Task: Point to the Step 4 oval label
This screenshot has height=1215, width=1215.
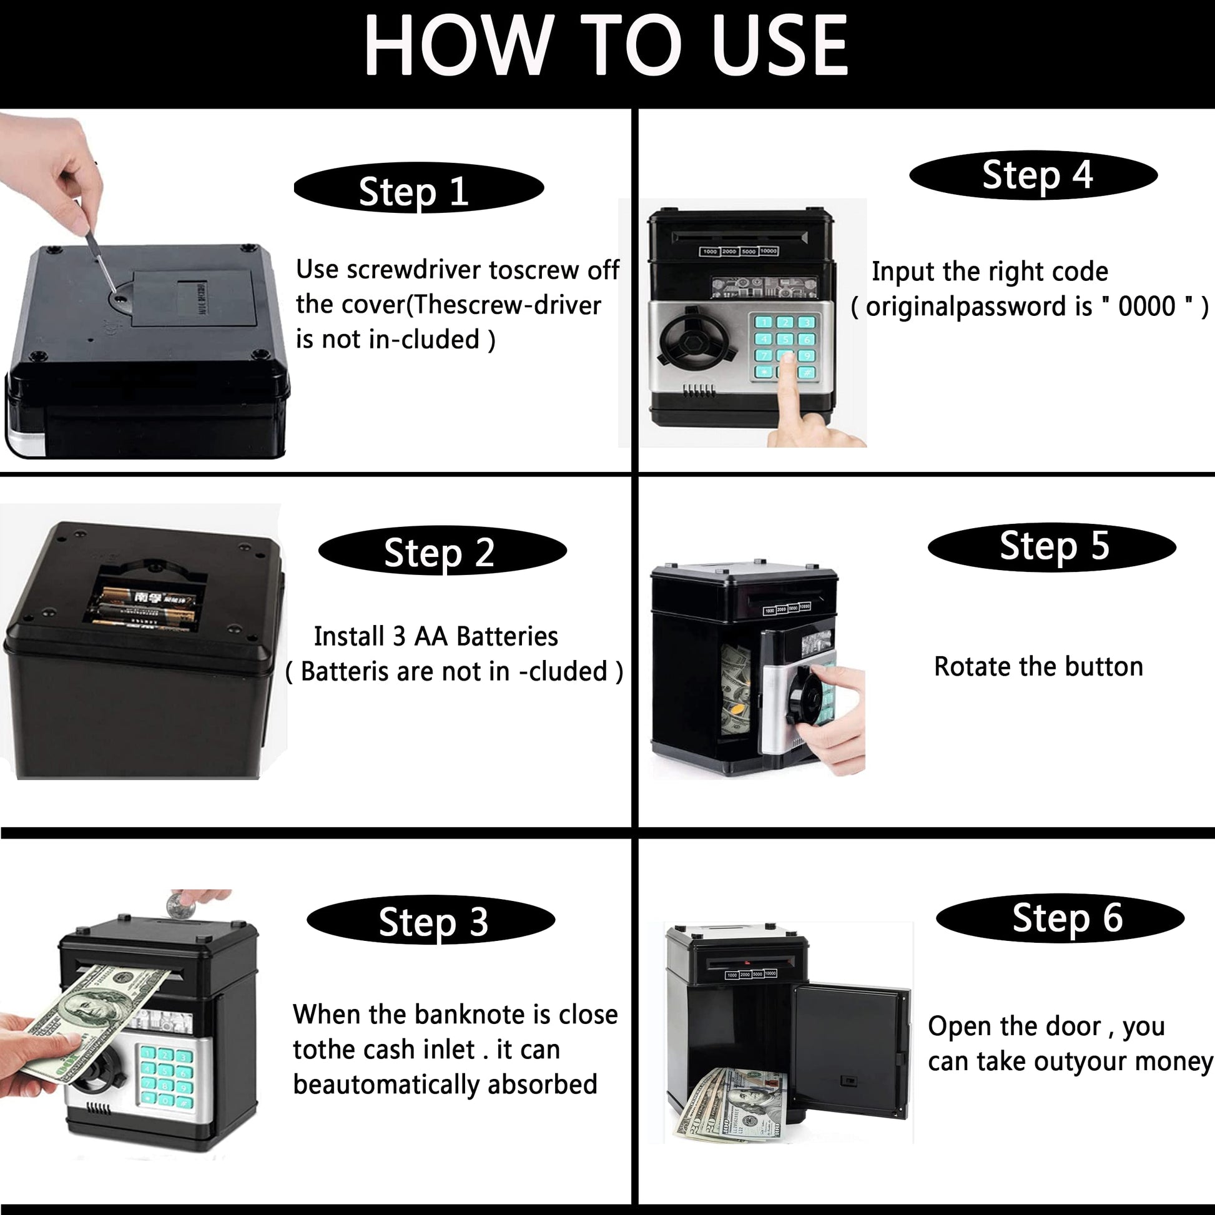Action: [x=1033, y=175]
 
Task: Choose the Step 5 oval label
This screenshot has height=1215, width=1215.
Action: [x=1052, y=546]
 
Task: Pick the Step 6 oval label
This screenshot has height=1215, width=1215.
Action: [x=1060, y=918]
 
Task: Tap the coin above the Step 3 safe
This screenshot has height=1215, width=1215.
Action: [x=179, y=907]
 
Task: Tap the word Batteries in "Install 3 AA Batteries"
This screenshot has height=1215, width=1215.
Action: [x=507, y=636]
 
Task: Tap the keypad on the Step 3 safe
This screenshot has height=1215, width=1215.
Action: [x=165, y=1076]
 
